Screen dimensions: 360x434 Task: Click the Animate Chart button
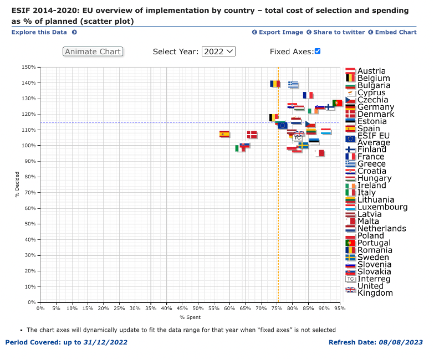(x=93, y=52)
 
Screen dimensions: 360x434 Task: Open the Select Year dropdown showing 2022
(x=218, y=52)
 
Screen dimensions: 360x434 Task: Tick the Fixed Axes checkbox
(x=318, y=51)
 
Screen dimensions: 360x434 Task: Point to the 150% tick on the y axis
(x=29, y=68)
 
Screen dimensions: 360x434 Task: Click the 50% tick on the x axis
(x=198, y=308)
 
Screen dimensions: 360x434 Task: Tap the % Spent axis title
(x=190, y=317)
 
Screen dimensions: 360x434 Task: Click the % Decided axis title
(x=18, y=184)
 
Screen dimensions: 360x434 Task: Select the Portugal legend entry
(x=374, y=243)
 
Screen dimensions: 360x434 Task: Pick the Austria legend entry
(x=371, y=71)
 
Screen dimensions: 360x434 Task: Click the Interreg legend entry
(x=374, y=279)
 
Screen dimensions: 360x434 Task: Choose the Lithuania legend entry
(x=376, y=200)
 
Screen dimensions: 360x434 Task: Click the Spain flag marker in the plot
(x=224, y=133)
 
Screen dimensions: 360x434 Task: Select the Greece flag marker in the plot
(x=293, y=84)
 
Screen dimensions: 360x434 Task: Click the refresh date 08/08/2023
(x=401, y=342)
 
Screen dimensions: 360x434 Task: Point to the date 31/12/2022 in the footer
(x=105, y=342)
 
